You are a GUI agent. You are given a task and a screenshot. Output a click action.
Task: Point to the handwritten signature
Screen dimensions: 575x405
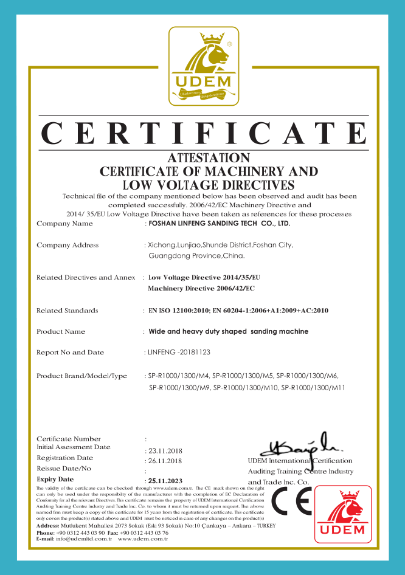click(295, 447)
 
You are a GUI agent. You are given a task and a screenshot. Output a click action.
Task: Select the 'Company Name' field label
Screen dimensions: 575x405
click(64, 224)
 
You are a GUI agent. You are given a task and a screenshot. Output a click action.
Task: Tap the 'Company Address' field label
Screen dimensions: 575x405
click(67, 245)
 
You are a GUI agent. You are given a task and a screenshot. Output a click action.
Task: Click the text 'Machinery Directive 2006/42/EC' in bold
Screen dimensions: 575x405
click(201, 288)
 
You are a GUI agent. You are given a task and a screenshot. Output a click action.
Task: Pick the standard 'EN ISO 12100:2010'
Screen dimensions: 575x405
click(178, 311)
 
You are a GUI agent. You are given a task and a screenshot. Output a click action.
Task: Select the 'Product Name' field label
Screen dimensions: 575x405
click(61, 332)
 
